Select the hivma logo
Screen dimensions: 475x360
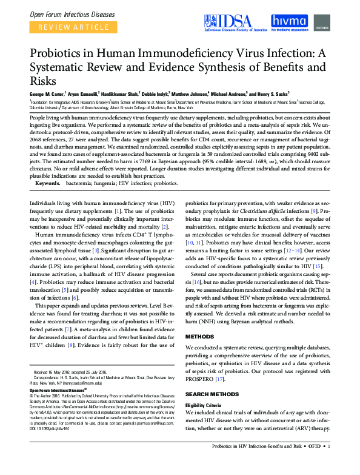(x=295, y=22)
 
